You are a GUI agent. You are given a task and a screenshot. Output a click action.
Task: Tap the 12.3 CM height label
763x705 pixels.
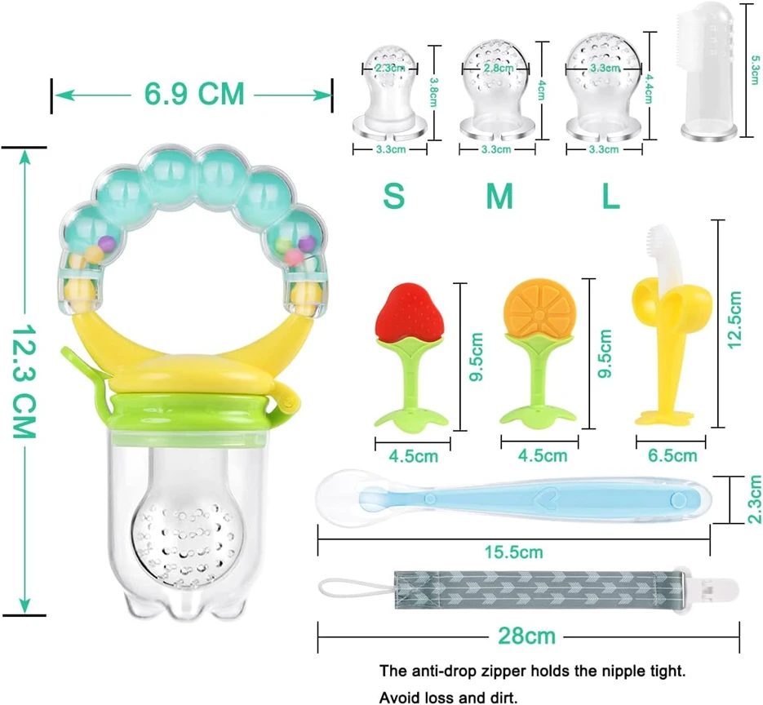(x=24, y=381)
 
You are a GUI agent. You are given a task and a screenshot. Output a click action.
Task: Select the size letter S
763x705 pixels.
(x=393, y=196)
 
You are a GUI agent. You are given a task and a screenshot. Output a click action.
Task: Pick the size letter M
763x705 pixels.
(x=499, y=196)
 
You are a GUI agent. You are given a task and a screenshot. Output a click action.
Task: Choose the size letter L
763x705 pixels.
(x=611, y=196)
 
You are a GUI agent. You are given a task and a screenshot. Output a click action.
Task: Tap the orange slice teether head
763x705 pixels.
(x=539, y=308)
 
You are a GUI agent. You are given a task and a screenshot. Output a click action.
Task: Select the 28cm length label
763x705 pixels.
(x=526, y=636)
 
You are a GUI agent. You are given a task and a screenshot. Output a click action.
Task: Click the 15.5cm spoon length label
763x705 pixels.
(x=513, y=552)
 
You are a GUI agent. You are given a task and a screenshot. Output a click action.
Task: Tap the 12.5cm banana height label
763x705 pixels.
(x=734, y=320)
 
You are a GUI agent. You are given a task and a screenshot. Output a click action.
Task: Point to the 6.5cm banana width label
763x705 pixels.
(x=672, y=455)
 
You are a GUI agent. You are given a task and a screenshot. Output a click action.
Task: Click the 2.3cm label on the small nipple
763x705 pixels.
(x=389, y=68)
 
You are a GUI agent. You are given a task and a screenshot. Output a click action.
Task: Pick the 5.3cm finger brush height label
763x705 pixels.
(x=755, y=70)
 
